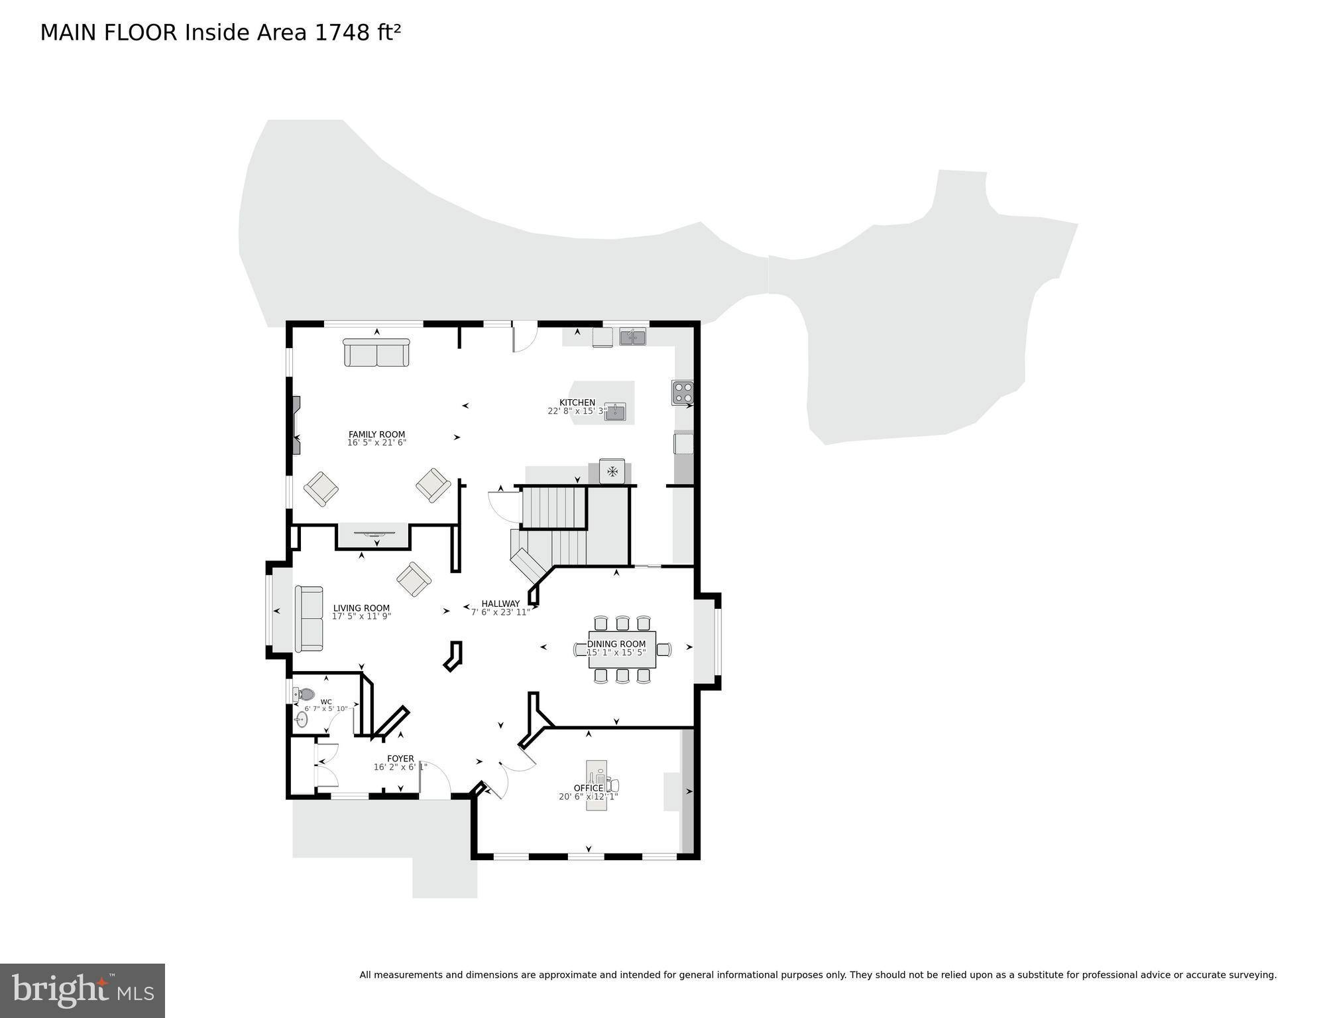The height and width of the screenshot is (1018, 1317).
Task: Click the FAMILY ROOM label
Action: (376, 434)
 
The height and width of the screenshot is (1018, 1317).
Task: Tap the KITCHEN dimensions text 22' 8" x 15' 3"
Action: (577, 411)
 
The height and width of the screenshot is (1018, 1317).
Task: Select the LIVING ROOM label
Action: (361, 608)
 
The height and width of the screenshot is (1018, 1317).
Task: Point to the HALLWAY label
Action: (500, 604)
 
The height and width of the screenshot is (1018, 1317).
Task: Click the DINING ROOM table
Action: (622, 649)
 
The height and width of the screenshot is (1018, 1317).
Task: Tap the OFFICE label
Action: (589, 788)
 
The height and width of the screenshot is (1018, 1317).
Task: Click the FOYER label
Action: (400, 759)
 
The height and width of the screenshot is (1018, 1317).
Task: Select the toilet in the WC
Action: (305, 694)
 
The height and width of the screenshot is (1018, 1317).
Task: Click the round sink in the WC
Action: (302, 719)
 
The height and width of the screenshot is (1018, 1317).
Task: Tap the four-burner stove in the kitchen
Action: (682, 392)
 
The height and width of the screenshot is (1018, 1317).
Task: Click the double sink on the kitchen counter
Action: (632, 337)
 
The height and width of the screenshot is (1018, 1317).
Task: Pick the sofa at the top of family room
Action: (376, 352)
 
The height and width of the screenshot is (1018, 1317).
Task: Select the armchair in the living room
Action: (414, 579)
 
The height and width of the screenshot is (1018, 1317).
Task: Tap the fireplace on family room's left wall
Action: (296, 424)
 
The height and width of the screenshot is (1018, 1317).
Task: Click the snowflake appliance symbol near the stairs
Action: (612, 472)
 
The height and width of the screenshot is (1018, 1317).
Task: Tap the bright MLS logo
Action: (82, 990)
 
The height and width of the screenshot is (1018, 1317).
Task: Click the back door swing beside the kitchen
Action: (524, 337)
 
